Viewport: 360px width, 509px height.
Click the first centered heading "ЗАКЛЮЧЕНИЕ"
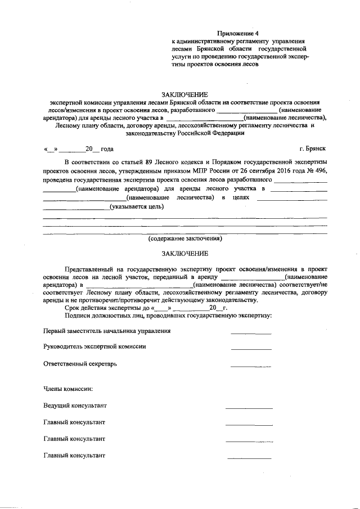click(x=185, y=94)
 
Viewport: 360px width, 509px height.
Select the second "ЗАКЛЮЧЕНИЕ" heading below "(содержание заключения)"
click(x=185, y=254)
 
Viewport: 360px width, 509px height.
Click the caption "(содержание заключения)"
click(x=185, y=238)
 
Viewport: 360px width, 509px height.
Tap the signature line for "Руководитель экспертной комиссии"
click(x=251, y=349)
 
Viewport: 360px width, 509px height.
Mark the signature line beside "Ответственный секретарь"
click(x=251, y=366)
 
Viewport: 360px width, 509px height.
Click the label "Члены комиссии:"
click(x=68, y=389)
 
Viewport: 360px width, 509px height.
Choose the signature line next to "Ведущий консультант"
click(x=249, y=407)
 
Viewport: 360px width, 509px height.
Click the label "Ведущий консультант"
click(x=75, y=405)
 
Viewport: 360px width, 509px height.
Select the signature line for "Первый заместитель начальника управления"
click(x=251, y=334)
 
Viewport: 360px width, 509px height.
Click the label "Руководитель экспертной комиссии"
click(x=94, y=346)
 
